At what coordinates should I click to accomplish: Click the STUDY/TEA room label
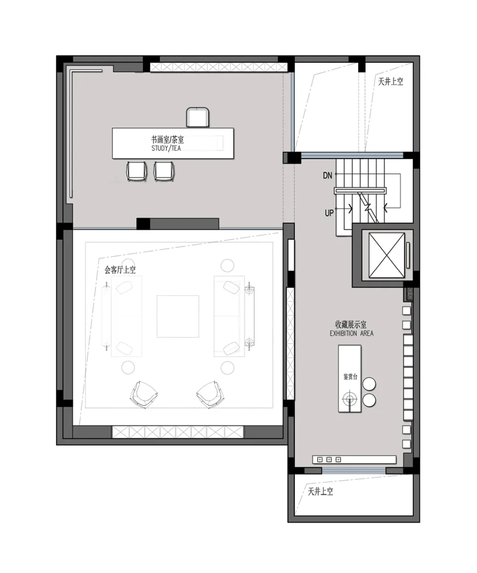(166, 148)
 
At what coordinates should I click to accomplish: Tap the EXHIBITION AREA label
(352, 333)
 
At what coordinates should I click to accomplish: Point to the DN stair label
(328, 175)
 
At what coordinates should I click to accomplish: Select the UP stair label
(329, 212)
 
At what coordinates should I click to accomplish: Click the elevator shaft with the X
(386, 255)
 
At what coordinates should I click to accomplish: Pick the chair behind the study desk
(197, 117)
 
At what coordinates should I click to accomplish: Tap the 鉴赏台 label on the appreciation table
(350, 377)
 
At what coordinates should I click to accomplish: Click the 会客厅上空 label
(120, 270)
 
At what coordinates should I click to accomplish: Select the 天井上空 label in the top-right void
(391, 82)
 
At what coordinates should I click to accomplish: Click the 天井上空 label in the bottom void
(321, 491)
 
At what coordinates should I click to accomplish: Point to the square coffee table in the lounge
(177, 316)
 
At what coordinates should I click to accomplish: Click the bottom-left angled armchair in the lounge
(144, 394)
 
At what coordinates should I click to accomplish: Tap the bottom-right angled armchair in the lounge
(210, 394)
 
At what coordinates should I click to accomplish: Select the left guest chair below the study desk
(136, 171)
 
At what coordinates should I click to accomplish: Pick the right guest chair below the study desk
(164, 171)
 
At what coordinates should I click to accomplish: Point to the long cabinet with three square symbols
(354, 459)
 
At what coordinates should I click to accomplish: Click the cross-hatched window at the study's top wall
(219, 67)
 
